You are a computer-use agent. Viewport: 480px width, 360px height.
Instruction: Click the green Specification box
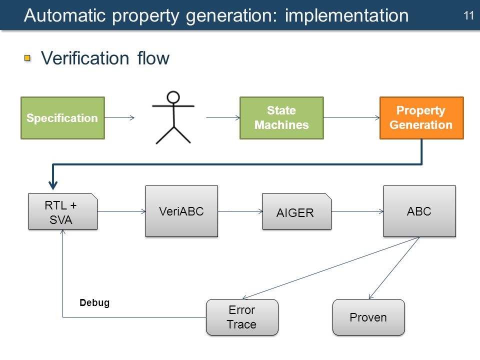[x=63, y=118]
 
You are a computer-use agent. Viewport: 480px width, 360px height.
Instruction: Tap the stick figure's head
[x=173, y=97]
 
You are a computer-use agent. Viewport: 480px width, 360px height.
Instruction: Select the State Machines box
[x=281, y=118]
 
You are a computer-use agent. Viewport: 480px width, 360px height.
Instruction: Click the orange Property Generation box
[x=421, y=118]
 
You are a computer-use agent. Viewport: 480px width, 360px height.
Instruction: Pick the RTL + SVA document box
[x=63, y=211]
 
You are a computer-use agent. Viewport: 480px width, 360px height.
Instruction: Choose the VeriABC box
[x=181, y=211]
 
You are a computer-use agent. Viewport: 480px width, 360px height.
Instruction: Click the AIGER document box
[x=296, y=211]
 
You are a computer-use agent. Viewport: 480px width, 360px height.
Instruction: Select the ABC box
[x=419, y=211]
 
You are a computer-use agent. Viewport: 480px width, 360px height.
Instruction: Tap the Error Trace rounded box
[x=242, y=317]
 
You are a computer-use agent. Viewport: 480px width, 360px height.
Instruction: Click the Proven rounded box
[x=368, y=317]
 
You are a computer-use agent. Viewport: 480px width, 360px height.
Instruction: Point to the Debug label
[x=94, y=303]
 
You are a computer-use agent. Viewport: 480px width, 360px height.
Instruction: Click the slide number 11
[x=468, y=15]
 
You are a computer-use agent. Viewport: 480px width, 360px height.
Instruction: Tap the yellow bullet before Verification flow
[x=27, y=58]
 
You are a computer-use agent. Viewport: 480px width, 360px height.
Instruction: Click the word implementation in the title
[x=347, y=15]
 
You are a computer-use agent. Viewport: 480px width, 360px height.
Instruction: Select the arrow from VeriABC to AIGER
[x=240, y=211]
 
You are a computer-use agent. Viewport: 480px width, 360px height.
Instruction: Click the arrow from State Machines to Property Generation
[x=351, y=118]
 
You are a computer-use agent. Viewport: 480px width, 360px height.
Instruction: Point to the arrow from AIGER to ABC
[x=357, y=211]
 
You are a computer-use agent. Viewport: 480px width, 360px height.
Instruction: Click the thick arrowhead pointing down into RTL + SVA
[x=53, y=184]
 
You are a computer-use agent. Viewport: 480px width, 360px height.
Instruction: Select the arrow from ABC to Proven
[x=394, y=268]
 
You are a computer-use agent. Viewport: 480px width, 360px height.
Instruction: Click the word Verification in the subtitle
[x=85, y=58]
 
